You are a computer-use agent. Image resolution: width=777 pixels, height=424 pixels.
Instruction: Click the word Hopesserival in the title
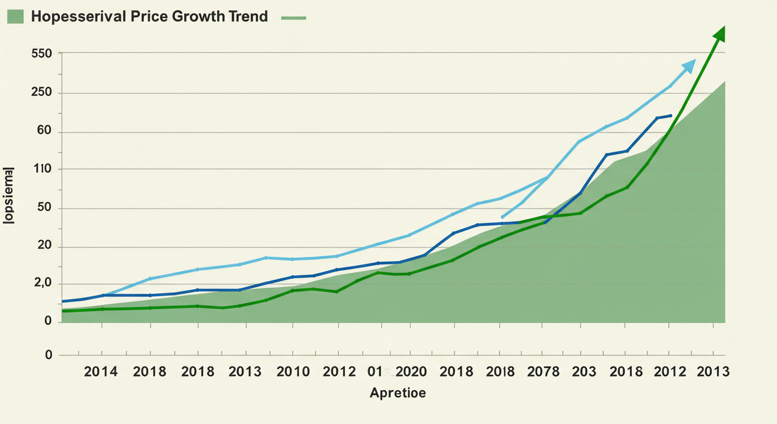77,17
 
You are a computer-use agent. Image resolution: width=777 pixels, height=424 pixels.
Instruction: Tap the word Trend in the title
247,17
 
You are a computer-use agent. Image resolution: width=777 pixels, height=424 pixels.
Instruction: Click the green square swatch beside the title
15,17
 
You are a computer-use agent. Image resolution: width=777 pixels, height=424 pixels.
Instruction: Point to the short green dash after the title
293,18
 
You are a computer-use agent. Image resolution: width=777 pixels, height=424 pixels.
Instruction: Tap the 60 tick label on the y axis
44,131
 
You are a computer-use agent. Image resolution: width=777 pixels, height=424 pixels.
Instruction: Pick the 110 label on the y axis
42,169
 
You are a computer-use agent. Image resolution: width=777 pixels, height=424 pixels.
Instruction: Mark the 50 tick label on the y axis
44,208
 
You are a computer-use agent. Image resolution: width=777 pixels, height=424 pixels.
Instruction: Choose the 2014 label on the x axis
100,372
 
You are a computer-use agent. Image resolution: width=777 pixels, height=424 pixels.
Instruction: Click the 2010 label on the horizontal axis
293,372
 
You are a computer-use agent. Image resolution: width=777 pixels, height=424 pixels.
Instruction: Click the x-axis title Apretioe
398,394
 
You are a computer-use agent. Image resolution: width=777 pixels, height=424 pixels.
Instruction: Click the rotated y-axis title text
9,195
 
